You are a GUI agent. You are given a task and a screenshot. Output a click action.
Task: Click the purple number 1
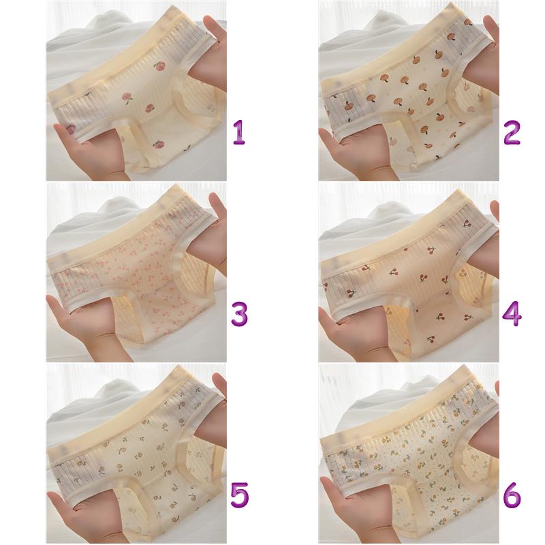pyautogui.click(x=239, y=132)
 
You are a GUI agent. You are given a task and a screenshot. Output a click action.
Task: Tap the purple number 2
pyautogui.click(x=512, y=132)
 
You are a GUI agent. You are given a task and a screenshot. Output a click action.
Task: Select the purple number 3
pyautogui.click(x=240, y=314)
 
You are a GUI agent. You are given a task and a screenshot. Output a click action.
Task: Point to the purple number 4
pyautogui.click(x=512, y=314)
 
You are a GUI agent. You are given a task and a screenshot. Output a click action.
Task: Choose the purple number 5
pyautogui.click(x=240, y=495)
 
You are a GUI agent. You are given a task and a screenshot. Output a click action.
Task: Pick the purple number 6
pyautogui.click(x=512, y=495)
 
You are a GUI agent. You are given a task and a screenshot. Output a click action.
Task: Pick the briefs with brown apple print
pyautogui.click(x=407, y=94)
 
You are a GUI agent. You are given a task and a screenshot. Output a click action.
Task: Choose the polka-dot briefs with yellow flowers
pyautogui.click(x=407, y=458)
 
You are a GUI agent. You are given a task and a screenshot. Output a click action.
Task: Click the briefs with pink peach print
pyautogui.click(x=136, y=94)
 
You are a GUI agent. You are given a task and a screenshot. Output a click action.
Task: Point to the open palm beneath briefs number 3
pyautogui.click(x=87, y=327)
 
